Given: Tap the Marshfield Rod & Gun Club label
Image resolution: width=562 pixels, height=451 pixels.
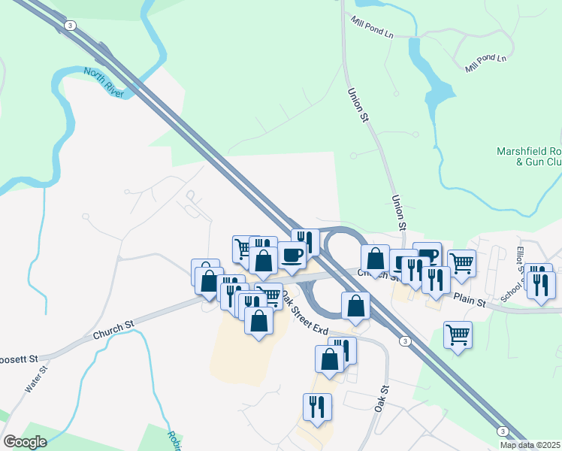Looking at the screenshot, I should (530, 156).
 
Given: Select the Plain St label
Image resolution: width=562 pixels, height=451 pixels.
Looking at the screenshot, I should (470, 298).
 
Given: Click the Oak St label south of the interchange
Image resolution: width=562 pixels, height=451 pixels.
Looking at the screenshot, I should (382, 398).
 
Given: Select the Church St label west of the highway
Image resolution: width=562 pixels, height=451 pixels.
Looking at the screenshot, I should (113, 328).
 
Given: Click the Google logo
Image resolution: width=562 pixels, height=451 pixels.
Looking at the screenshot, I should (26, 442).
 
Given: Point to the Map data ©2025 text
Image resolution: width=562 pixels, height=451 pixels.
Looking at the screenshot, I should (530, 445).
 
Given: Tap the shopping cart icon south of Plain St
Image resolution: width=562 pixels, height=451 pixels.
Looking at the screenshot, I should (458, 334).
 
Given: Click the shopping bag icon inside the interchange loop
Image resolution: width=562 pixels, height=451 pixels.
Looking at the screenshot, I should (355, 305).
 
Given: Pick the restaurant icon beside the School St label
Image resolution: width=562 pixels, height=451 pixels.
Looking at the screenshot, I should (541, 283).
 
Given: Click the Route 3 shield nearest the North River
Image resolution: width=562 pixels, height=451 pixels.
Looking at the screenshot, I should (70, 26).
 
